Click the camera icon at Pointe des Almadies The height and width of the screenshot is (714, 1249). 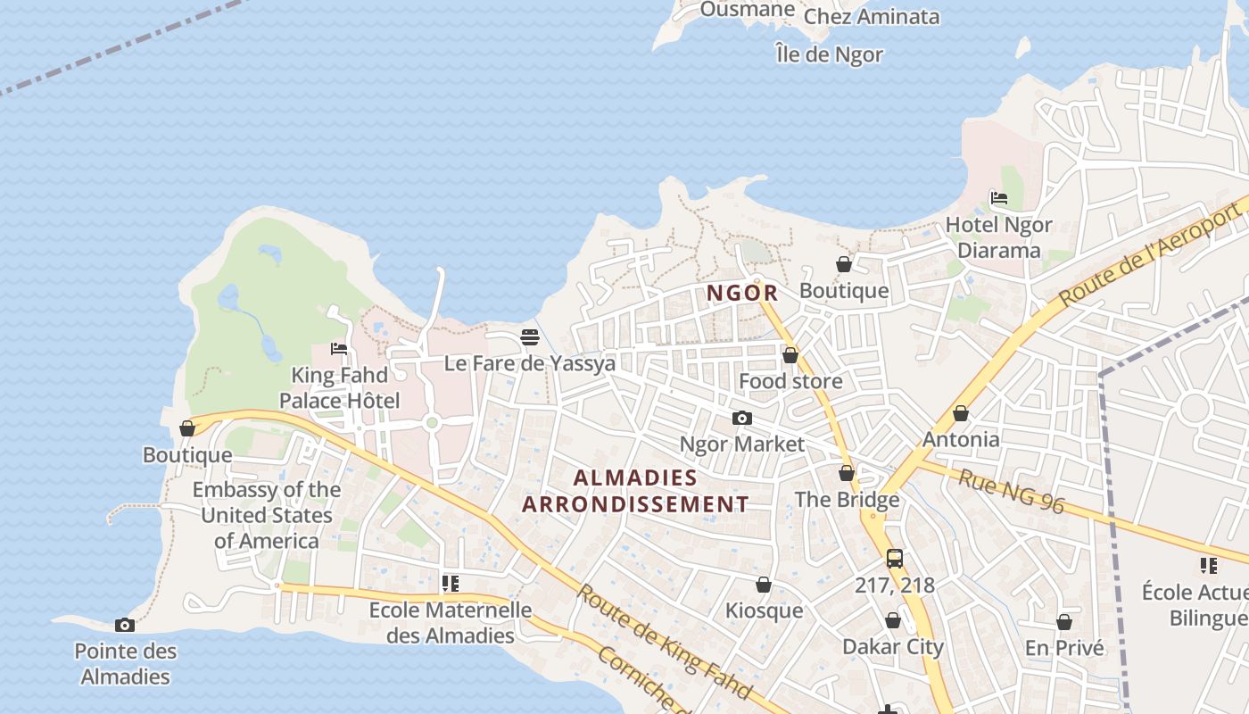pos(125,625)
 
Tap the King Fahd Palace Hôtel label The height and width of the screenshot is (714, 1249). pos(340,387)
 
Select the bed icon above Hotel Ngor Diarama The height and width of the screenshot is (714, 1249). pos(999,198)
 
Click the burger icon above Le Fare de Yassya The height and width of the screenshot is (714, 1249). pos(530,337)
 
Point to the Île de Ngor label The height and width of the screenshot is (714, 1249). pos(830,54)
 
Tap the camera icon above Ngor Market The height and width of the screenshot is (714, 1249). pos(741,418)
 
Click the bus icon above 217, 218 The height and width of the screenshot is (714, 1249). pos(895,559)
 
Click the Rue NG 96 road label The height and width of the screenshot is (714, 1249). pos(1012,492)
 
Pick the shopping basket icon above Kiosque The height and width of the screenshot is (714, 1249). pos(764,585)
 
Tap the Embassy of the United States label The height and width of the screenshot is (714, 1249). pos(267,515)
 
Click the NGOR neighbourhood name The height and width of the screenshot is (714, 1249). pos(742,293)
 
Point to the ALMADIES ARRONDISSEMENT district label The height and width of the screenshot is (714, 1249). pos(635,491)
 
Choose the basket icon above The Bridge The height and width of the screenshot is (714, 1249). pos(847,473)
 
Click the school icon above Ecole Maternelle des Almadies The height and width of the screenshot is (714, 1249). pos(451,584)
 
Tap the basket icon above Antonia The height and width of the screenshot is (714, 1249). pos(961,413)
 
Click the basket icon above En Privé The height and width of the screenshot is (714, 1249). pos(1064,621)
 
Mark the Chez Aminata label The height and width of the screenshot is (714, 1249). pos(872,16)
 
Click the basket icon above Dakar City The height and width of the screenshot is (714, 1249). pos(893,620)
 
